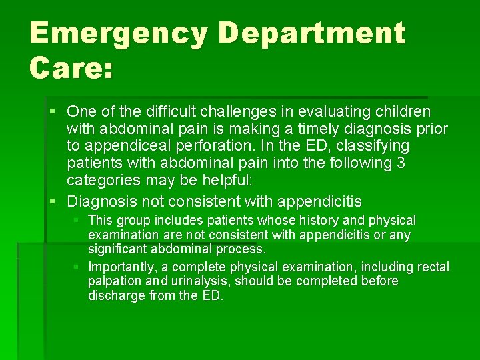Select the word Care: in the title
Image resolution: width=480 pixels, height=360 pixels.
[71, 69]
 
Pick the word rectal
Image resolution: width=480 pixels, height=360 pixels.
[433, 267]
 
